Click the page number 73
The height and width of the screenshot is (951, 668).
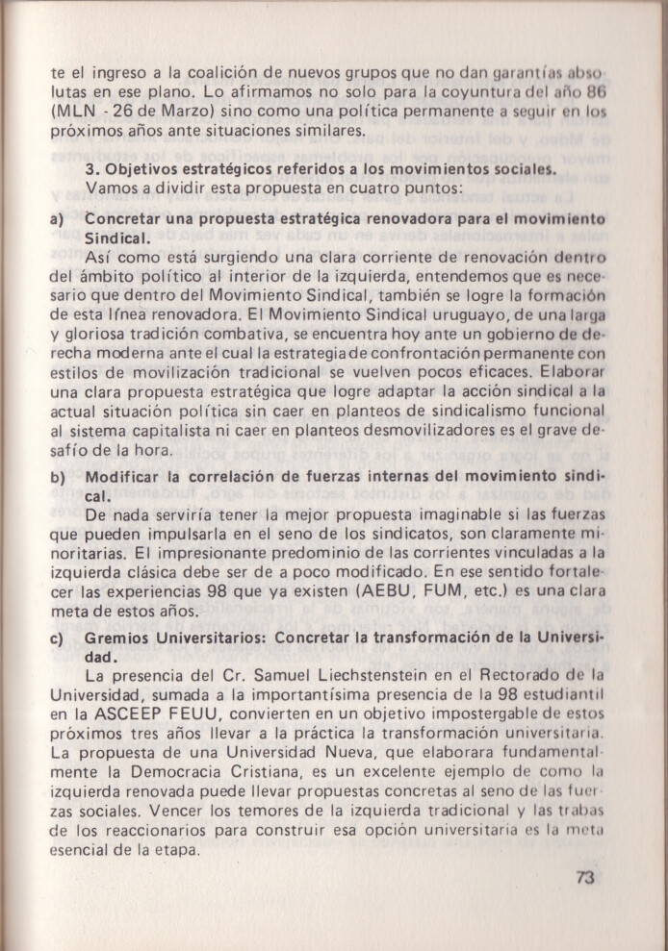coord(587,876)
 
